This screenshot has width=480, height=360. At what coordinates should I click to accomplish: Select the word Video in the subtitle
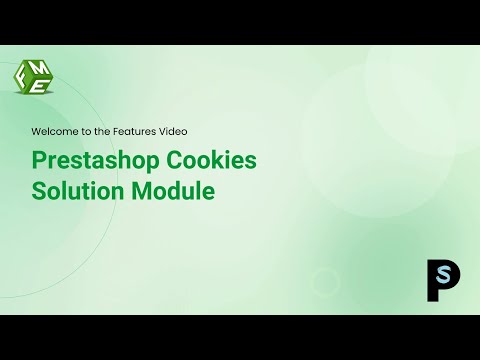pyautogui.click(x=168, y=131)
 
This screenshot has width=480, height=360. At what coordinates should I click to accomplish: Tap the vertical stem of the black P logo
pyautogui.click(x=432, y=281)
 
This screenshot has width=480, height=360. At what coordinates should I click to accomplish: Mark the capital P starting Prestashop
pyautogui.click(x=40, y=161)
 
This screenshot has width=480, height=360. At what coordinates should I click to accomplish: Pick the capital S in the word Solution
pyautogui.click(x=40, y=190)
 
